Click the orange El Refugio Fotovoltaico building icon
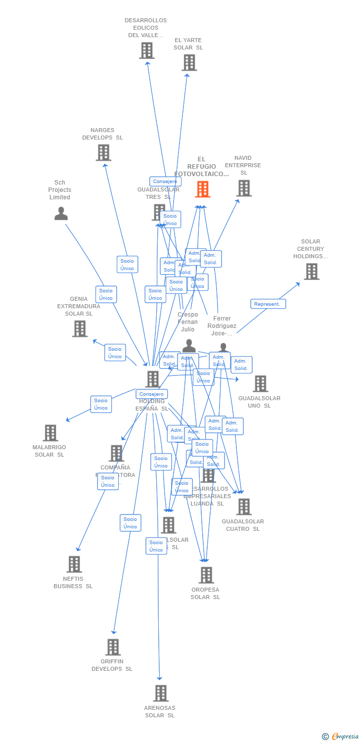(203, 189)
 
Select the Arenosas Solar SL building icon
(161, 694)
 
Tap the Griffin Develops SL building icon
(113, 647)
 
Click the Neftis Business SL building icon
(74, 564)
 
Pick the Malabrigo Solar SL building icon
(50, 433)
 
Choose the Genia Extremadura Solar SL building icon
(80, 328)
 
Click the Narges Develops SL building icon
(103, 153)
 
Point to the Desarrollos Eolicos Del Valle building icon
(147, 50)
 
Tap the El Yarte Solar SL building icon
(189, 63)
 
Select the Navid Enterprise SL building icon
(244, 188)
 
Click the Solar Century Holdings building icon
(312, 272)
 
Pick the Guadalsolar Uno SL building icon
(260, 384)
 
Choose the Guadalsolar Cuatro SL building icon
(244, 507)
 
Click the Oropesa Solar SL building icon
(206, 575)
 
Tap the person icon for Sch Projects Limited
(61, 214)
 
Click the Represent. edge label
(268, 304)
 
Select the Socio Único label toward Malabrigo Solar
(101, 404)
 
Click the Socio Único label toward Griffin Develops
(131, 523)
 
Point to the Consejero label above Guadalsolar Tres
(165, 182)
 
